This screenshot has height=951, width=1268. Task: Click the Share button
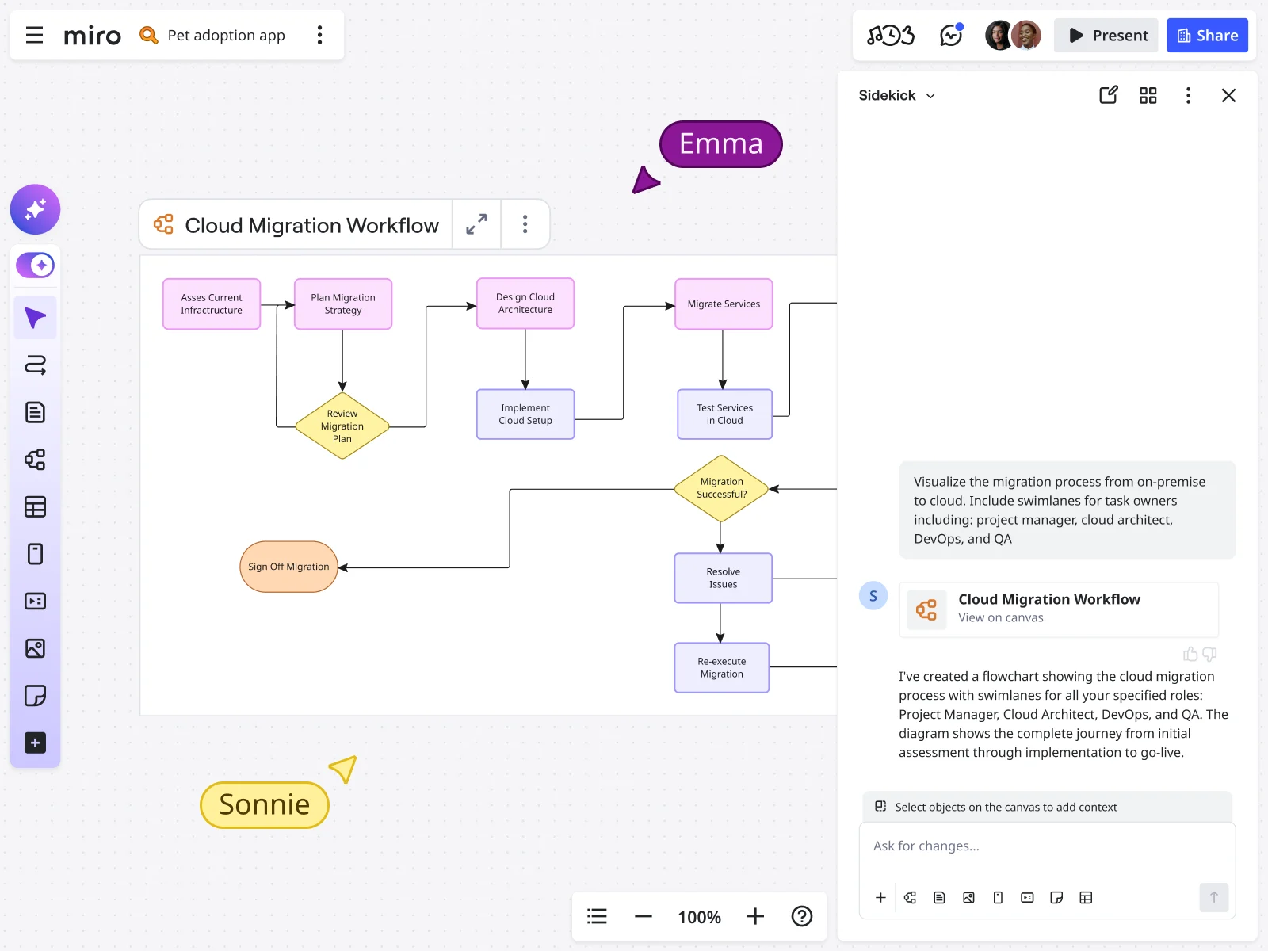pyautogui.click(x=1207, y=36)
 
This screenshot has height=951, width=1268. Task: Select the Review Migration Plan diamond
pyautogui.click(x=342, y=426)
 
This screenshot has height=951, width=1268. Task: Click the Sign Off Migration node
pyautogui.click(x=288, y=567)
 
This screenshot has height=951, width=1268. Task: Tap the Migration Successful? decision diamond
pyautogui.click(x=721, y=488)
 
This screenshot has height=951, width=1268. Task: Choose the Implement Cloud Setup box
pyautogui.click(x=525, y=414)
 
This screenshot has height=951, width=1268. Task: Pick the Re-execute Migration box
pyautogui.click(x=721, y=668)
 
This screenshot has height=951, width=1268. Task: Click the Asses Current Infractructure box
pyautogui.click(x=212, y=304)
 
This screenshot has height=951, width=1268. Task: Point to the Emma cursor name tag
pyautogui.click(x=720, y=144)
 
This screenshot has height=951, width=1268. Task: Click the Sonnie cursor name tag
pyautogui.click(x=265, y=805)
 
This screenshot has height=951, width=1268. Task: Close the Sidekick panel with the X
pyautogui.click(x=1228, y=96)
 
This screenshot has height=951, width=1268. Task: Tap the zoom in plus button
pyautogui.click(x=755, y=917)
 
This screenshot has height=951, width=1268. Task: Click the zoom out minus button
pyautogui.click(x=644, y=917)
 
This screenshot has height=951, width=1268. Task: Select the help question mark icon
pyautogui.click(x=802, y=917)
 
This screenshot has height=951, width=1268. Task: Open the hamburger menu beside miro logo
pyautogui.click(x=34, y=36)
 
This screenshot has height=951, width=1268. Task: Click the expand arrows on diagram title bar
pyautogui.click(x=476, y=225)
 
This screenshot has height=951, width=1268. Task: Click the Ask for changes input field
pyautogui.click(x=1046, y=846)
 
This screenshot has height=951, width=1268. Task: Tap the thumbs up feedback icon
pyautogui.click(x=1190, y=655)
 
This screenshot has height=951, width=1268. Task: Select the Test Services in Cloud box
pyautogui.click(x=724, y=414)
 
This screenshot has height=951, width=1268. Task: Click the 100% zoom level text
pyautogui.click(x=699, y=918)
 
